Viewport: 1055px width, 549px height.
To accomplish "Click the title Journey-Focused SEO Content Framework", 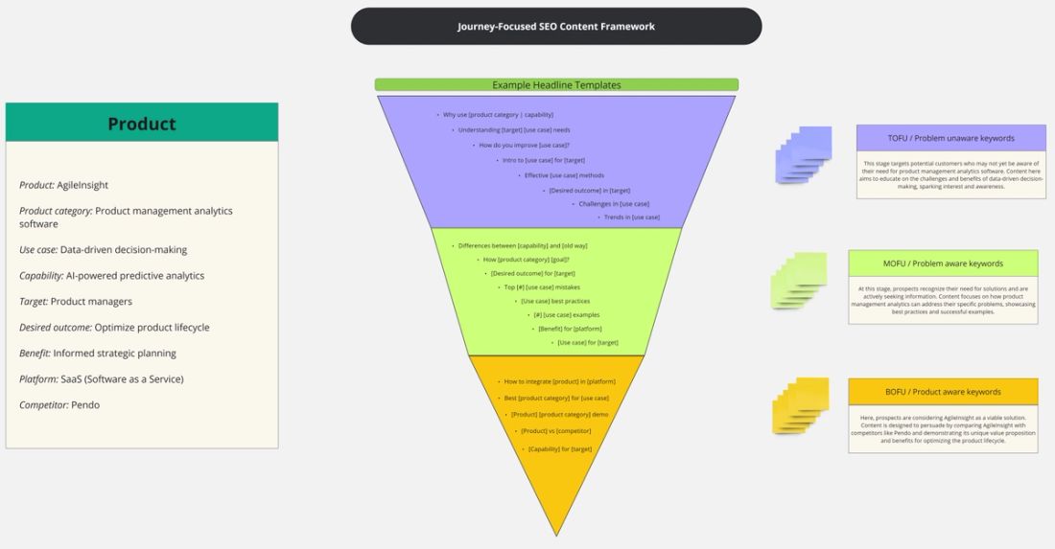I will [556, 27].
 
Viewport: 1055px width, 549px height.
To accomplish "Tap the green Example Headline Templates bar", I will [556, 85].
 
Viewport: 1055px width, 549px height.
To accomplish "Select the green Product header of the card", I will [142, 124].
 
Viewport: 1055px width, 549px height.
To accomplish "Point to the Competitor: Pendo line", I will [59, 405].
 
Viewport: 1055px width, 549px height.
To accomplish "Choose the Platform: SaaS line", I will [101, 379].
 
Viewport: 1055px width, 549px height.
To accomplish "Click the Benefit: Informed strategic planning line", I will [98, 354].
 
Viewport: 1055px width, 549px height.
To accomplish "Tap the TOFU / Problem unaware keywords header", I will [950, 138].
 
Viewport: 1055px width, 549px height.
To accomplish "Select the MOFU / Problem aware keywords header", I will [943, 263].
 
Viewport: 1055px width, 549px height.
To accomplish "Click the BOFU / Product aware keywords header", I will [943, 392].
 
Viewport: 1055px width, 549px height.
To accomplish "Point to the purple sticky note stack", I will [803, 154].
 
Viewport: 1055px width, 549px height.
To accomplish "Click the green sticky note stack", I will [799, 280].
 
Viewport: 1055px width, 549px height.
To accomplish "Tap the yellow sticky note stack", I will [800, 406].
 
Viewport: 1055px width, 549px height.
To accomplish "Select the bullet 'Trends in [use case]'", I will [631, 217].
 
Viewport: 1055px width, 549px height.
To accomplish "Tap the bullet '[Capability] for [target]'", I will [559, 448].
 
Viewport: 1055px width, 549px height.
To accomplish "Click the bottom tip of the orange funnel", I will [556, 534].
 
